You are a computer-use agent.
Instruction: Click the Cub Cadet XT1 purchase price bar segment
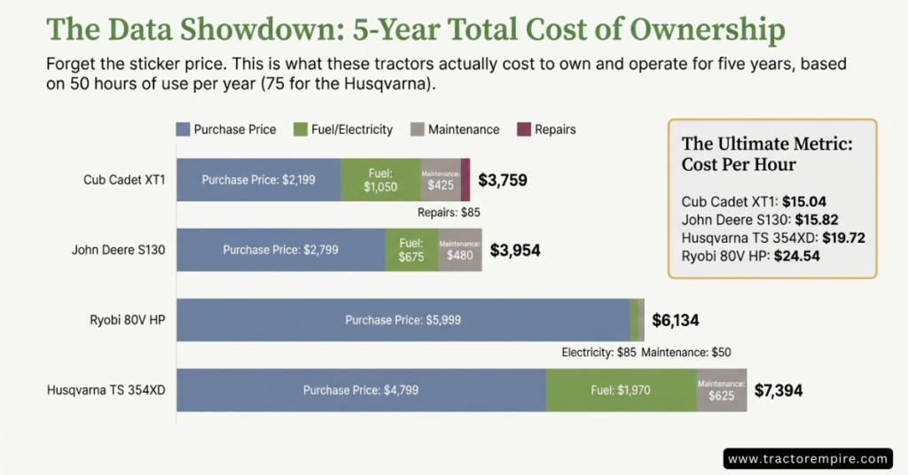point(258,180)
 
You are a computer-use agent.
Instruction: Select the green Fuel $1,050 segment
point(380,180)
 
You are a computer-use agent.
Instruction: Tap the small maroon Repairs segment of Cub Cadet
point(466,180)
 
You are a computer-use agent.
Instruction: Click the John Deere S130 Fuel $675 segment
point(411,250)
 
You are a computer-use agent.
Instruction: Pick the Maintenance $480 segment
point(459,250)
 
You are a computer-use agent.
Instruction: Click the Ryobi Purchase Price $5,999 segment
point(403,320)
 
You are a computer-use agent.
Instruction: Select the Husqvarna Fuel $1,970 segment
point(621,390)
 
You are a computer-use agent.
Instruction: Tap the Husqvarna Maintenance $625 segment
point(721,390)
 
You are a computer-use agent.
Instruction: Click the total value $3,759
point(503,181)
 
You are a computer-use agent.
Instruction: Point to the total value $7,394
point(779,390)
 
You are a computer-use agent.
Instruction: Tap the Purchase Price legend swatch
point(184,129)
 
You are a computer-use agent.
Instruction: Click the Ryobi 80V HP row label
point(127,321)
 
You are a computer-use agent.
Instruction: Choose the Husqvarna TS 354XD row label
point(106,390)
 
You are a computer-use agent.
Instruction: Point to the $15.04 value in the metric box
point(810,201)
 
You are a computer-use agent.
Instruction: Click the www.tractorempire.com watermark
point(806,458)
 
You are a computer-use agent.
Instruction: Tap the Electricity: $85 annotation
point(599,352)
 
